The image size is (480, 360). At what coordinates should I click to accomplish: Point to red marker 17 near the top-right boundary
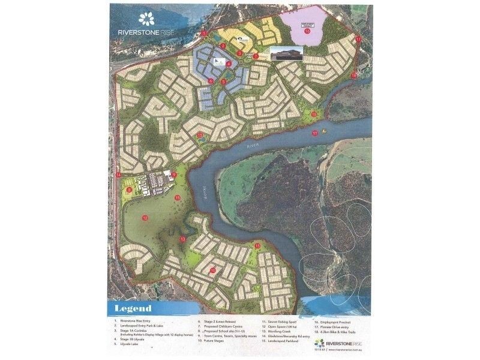click(x=358, y=38)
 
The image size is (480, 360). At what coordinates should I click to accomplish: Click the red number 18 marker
click(x=354, y=76)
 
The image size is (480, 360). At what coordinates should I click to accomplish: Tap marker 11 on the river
click(x=314, y=133)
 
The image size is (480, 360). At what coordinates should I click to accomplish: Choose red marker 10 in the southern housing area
click(x=212, y=271)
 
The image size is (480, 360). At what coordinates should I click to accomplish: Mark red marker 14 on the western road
click(x=118, y=175)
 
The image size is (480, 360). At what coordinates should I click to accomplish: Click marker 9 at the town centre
click(x=174, y=175)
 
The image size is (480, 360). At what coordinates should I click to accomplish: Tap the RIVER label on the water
click(x=252, y=146)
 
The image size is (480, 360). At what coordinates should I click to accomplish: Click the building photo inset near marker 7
click(x=284, y=53)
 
